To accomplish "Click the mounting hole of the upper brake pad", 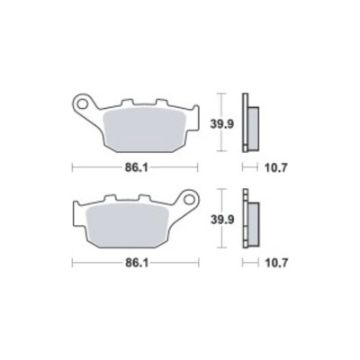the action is coord(81,103).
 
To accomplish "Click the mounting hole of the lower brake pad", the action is coord(189,199).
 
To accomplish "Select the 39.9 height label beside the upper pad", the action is coord(221,124).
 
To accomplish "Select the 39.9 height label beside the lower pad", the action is coord(221,220).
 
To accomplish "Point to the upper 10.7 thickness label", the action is coord(276,168).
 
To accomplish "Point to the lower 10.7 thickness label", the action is coord(276,264).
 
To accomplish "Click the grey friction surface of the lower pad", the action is coord(127,226).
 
